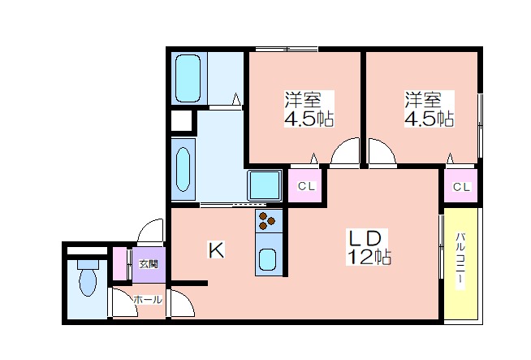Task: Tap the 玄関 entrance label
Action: [x=149, y=264]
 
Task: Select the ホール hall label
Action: [x=148, y=300]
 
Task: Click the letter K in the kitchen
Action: [x=216, y=251]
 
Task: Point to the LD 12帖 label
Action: [x=368, y=247]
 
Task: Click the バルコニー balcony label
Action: [x=460, y=262]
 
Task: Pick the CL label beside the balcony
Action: [x=461, y=187]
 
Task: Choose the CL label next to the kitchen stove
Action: [x=306, y=186]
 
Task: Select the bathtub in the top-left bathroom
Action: [x=188, y=78]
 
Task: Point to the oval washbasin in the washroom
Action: [x=183, y=169]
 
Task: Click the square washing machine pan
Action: [x=265, y=185]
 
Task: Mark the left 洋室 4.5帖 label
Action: [x=309, y=109]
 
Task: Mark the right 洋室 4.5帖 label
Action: [x=429, y=109]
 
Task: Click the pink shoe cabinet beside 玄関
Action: [x=119, y=264]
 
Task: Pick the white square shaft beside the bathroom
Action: [x=182, y=120]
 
